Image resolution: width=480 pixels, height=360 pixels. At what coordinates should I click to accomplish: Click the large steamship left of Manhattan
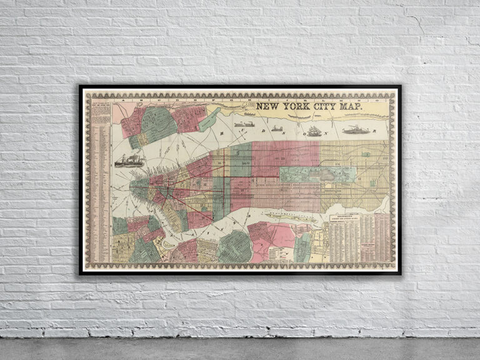[x=129, y=161]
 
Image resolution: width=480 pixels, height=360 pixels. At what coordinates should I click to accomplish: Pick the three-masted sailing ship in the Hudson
[x=314, y=131]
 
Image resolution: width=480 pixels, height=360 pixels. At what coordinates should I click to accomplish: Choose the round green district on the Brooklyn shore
[x=235, y=246]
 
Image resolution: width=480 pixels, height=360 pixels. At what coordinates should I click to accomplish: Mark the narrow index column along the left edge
[x=101, y=181]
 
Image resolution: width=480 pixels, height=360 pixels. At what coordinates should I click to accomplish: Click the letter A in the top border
[x=125, y=99]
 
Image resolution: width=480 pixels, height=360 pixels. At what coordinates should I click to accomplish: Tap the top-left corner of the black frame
[x=81, y=86]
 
